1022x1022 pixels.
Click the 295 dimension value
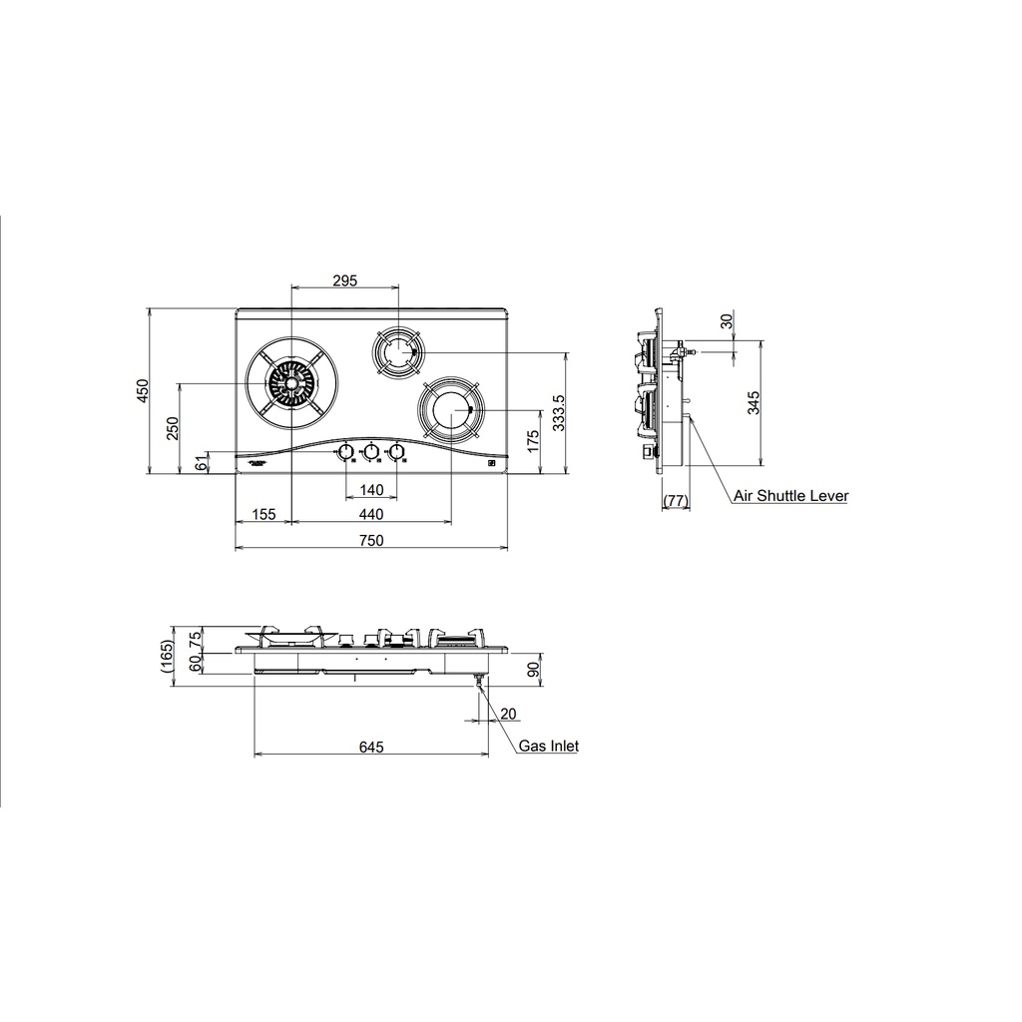pos(343,281)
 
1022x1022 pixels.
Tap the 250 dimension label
pos(172,427)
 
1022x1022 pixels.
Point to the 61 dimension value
pos(202,461)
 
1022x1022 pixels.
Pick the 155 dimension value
pos(263,514)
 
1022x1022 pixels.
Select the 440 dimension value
pos(371,514)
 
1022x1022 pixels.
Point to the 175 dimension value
pos(534,440)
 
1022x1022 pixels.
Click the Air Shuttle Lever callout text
pos(790,495)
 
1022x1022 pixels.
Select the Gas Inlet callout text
pos(548,746)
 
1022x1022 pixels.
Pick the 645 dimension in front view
pos(370,747)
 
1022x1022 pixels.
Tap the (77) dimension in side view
pos(676,500)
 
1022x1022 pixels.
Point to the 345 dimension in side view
pos(754,402)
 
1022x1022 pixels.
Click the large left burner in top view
pos(291,384)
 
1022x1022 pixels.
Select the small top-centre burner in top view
pos(397,351)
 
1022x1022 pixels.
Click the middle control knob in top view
pos(371,453)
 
